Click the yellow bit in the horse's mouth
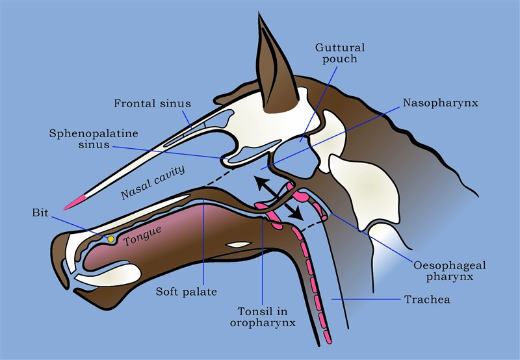110,238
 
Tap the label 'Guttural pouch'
340,53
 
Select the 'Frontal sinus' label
153,103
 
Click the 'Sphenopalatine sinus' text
94,139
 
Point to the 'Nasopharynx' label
441,103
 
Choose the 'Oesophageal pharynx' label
449,271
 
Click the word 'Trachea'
427,300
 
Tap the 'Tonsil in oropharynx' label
263,317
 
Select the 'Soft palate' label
187,292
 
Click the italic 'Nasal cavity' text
153,183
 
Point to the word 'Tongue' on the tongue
142,236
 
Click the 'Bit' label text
40,213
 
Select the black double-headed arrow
279,198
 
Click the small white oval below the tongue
238,244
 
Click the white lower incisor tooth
106,274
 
